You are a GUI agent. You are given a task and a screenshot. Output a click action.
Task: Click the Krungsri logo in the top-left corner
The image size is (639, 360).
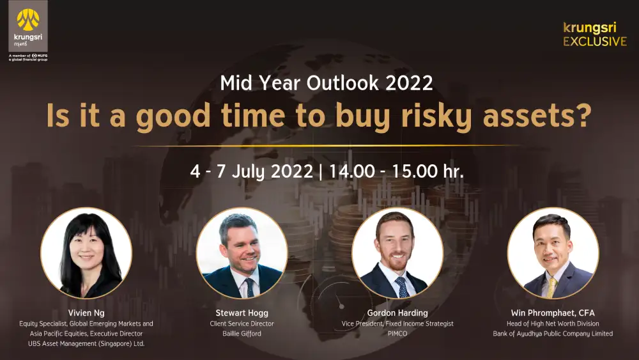click(28, 26)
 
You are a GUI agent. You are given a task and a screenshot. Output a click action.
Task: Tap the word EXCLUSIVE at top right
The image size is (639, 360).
click(595, 42)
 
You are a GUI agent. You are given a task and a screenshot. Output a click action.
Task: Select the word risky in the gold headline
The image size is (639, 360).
click(436, 117)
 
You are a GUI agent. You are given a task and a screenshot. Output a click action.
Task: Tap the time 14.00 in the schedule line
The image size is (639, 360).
click(351, 171)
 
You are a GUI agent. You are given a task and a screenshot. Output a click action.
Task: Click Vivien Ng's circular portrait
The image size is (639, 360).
click(86, 253)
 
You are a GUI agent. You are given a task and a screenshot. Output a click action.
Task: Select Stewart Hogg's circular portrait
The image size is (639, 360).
click(242, 253)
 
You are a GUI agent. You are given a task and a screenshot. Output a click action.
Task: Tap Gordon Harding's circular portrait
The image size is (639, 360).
click(397, 253)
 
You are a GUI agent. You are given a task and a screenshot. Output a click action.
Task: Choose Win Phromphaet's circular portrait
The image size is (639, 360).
click(553, 253)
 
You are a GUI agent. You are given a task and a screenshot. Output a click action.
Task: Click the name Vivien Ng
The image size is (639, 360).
click(86, 313)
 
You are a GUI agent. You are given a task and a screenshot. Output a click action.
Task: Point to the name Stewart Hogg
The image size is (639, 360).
click(242, 313)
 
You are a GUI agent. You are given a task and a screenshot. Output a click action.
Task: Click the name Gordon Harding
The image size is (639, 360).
click(397, 313)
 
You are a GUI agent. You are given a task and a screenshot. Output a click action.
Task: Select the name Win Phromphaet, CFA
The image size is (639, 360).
click(553, 313)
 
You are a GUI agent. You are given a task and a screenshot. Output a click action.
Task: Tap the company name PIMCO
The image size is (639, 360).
click(397, 334)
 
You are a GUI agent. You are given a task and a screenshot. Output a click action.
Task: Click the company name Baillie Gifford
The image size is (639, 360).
click(242, 334)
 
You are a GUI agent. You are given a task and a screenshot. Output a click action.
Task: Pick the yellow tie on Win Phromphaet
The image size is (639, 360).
click(552, 288)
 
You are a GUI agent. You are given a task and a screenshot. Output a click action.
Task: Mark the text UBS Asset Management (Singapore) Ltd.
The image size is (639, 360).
click(86, 343)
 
